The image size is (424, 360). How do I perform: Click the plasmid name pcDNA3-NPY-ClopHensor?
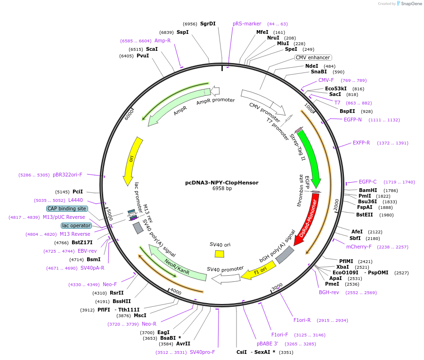(221, 183)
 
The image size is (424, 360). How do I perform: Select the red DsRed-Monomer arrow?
(307, 219)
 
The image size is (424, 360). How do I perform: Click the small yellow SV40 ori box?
(220, 254)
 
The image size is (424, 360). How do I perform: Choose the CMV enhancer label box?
(313, 58)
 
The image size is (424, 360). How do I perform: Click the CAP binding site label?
(67, 208)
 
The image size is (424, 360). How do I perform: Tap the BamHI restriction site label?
(368, 191)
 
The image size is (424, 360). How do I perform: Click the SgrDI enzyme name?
(208, 24)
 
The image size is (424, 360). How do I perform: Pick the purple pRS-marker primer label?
(247, 24)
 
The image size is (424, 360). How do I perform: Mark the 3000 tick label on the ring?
(277, 287)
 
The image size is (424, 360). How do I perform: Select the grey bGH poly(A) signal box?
(285, 255)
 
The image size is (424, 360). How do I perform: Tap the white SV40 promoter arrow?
(227, 278)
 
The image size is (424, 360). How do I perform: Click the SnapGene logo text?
(411, 4)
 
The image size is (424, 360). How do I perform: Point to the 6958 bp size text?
(222, 189)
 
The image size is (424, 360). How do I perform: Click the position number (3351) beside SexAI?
(286, 352)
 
